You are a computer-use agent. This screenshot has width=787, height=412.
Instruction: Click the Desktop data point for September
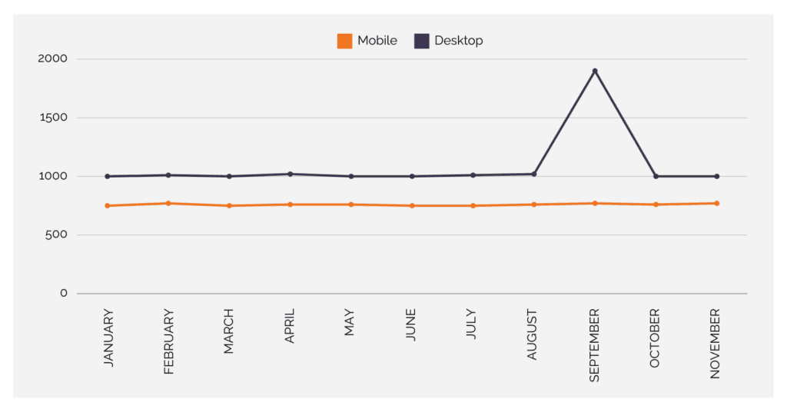click(595, 71)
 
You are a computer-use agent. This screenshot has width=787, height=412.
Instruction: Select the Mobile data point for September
click(595, 203)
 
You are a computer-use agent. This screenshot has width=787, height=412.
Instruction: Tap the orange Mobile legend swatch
click(344, 41)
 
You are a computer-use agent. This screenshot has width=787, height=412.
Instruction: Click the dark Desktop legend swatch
click(421, 41)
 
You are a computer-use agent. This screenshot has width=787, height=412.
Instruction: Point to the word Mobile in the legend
click(377, 41)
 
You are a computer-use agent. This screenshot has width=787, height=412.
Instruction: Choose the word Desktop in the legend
click(459, 41)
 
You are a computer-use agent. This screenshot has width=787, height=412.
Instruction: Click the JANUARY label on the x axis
click(108, 338)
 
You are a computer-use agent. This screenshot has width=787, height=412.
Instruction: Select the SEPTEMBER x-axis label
click(594, 345)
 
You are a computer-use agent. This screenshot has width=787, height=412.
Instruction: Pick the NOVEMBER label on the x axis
click(716, 344)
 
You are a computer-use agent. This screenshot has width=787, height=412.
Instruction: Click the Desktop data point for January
click(108, 176)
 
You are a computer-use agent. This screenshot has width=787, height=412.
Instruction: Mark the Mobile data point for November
click(716, 203)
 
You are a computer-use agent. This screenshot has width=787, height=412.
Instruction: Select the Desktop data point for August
click(534, 174)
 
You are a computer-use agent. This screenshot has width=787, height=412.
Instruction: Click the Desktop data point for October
click(656, 176)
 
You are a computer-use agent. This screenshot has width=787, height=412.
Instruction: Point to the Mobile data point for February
click(168, 203)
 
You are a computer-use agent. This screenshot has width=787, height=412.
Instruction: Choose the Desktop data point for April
click(290, 174)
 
